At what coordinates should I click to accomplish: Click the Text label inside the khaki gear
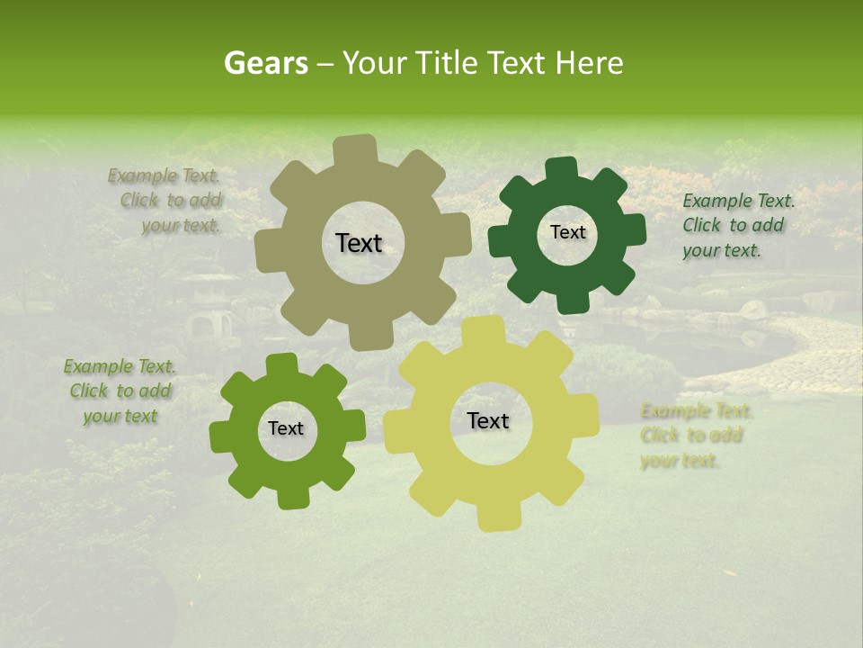tap(359, 243)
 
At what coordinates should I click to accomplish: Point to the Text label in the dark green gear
tap(567, 232)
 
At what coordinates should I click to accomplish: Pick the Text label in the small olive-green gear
tap(286, 429)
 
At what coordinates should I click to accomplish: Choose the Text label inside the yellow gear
tap(488, 420)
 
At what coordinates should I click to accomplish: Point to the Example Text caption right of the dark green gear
tap(737, 226)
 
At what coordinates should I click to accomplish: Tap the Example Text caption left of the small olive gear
tap(120, 391)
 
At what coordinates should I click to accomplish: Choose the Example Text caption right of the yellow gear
tap(694, 436)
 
